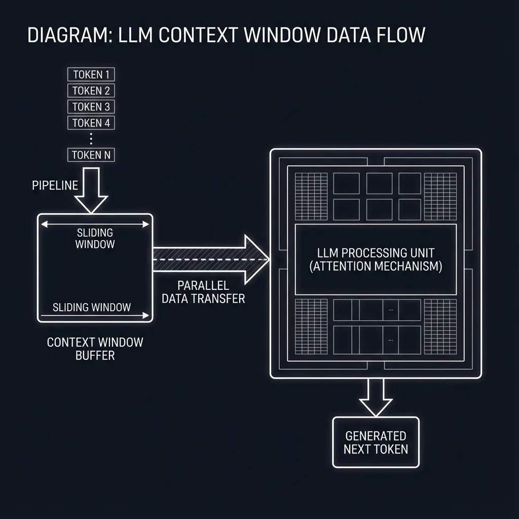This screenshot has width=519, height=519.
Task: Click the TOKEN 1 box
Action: pos(91,75)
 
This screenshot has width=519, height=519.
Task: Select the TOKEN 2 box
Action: pos(91,91)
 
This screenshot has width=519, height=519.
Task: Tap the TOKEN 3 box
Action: pos(91,106)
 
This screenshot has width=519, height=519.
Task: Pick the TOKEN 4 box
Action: pos(91,123)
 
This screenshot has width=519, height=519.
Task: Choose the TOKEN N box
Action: pos(91,155)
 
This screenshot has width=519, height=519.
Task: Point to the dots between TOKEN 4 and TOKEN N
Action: pos(91,138)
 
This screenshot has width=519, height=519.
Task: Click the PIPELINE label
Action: pos(55,186)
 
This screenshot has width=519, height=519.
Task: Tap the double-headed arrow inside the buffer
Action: pos(95,224)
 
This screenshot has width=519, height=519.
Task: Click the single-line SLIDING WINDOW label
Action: pos(92,307)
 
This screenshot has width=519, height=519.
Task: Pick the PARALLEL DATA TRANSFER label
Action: pos(203,292)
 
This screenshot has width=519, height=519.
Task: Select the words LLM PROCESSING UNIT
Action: pos(376,252)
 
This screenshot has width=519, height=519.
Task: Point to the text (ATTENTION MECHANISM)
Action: pos(376,267)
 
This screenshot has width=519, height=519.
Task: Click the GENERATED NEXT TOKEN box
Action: pos(376,442)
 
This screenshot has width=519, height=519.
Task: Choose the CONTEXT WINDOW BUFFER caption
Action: pos(95,349)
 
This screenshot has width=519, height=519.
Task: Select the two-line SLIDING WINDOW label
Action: pos(95,238)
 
